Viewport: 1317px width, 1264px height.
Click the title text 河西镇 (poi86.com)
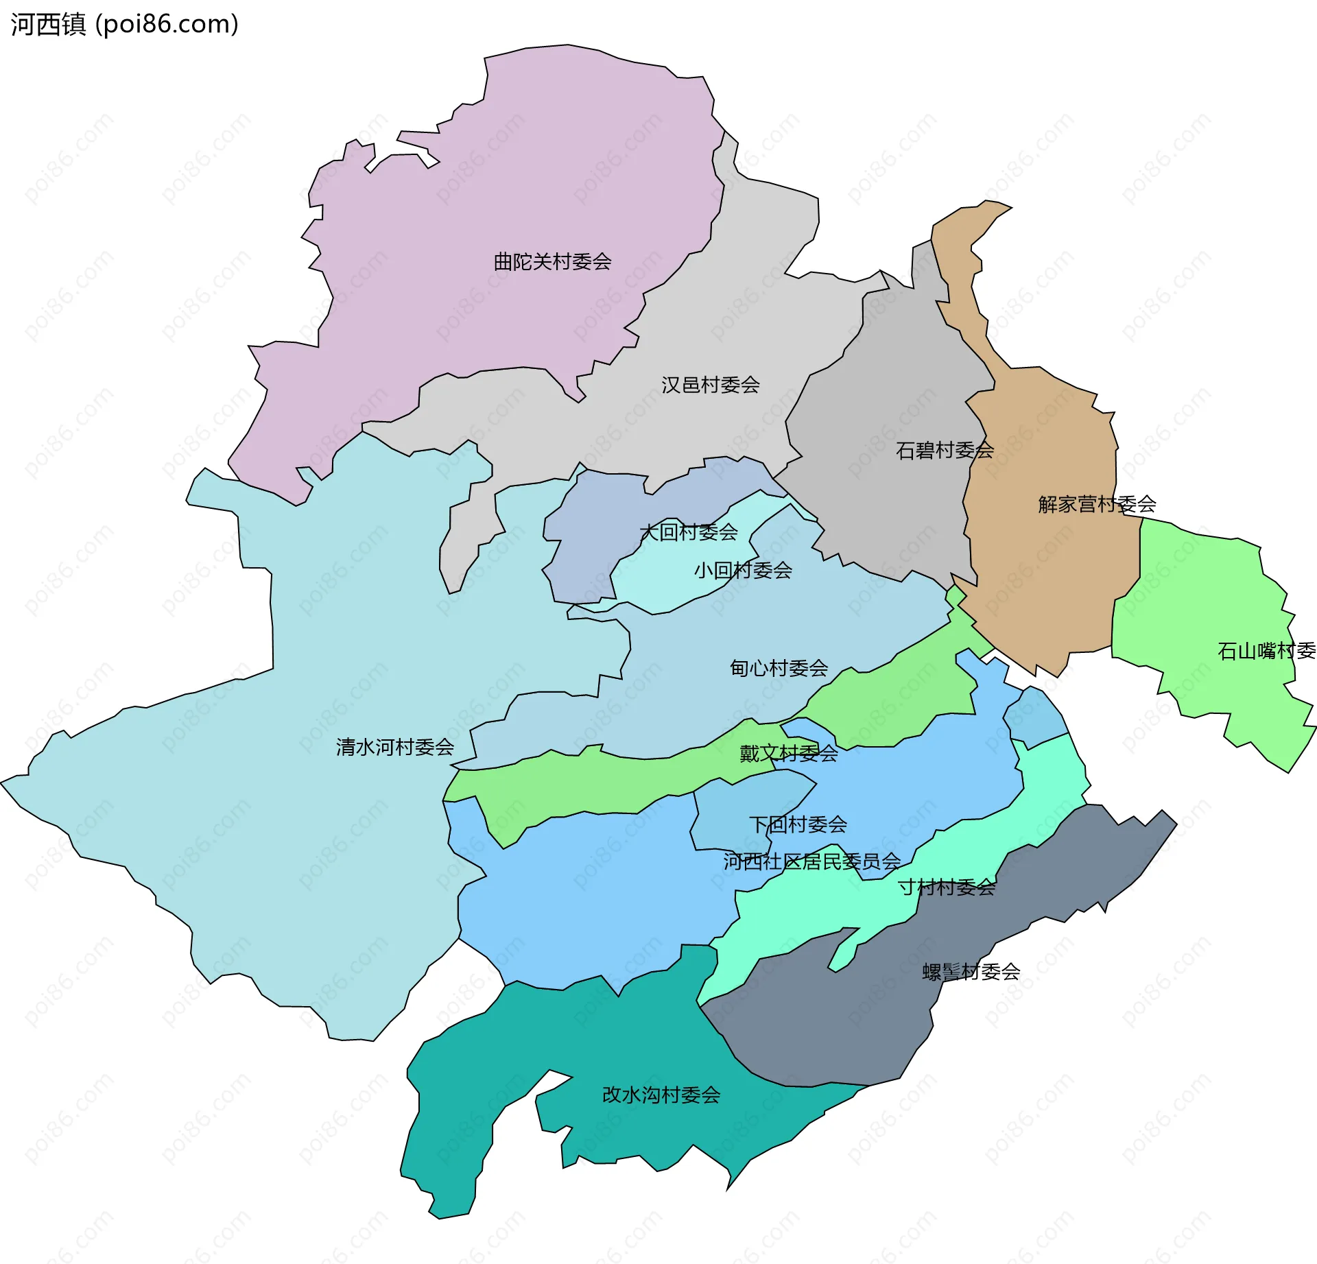[124, 25]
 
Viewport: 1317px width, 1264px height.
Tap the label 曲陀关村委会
[552, 261]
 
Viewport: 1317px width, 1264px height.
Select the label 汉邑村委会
[710, 385]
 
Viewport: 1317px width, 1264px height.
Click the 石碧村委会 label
[945, 451]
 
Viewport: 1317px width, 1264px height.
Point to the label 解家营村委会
[1097, 505]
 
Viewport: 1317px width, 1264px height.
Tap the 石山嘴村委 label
[1266, 651]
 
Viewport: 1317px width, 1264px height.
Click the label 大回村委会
[688, 532]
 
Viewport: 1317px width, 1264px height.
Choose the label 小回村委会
[743, 570]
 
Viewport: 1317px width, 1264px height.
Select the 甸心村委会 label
[779, 668]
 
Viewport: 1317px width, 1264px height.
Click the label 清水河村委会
[395, 747]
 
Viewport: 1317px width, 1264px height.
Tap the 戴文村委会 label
[788, 754]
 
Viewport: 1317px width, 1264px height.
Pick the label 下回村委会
[798, 824]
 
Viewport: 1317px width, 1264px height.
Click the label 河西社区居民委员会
[811, 861]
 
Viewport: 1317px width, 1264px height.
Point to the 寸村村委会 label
[947, 887]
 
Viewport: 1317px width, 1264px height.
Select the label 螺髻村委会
[971, 972]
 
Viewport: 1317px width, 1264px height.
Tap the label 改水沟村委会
[661, 1095]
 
